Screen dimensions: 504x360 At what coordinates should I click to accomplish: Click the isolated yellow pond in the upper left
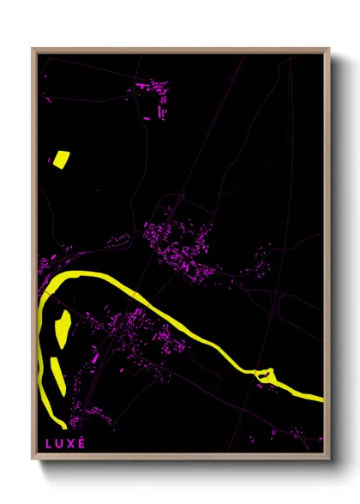(61, 158)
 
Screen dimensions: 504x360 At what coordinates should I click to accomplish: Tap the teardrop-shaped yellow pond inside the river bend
(63, 326)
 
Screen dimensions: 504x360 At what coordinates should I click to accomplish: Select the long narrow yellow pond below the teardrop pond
(57, 376)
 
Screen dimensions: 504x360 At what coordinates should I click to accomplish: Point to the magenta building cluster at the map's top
(157, 96)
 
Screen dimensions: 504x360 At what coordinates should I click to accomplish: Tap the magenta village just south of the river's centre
(141, 334)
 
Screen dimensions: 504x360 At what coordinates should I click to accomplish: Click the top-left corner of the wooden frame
(33, 49)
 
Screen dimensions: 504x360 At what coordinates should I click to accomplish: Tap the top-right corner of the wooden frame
(330, 49)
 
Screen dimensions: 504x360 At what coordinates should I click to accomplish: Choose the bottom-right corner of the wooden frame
(330, 459)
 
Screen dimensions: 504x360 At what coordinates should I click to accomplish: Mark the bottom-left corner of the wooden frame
(33, 459)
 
